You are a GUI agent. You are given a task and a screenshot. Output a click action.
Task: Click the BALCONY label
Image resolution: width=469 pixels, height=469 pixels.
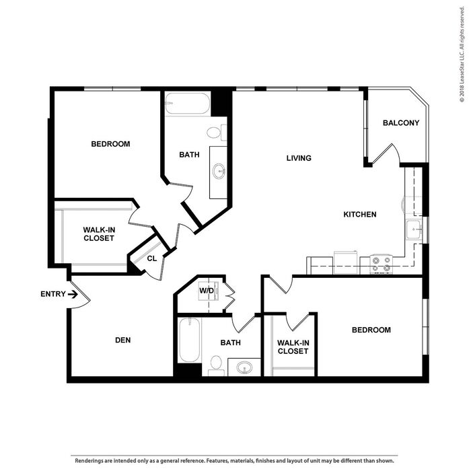pyautogui.click(x=401, y=122)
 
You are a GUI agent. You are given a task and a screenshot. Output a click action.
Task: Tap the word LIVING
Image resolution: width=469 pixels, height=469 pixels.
pyautogui.click(x=299, y=158)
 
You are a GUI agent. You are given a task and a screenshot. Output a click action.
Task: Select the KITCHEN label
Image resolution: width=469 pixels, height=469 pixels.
pyautogui.click(x=360, y=214)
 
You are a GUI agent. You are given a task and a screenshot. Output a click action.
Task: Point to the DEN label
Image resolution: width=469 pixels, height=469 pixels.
pyautogui.click(x=123, y=340)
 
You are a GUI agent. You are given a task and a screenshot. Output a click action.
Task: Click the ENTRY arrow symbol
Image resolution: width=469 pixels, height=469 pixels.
pyautogui.click(x=73, y=294)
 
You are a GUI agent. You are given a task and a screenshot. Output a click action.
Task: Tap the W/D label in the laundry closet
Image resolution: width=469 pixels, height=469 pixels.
pyautogui.click(x=207, y=291)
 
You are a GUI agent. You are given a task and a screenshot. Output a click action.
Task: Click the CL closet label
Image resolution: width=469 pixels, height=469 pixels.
pyautogui.click(x=152, y=258)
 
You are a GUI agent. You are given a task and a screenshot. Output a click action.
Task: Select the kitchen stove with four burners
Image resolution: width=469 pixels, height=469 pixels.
pyautogui.click(x=381, y=264)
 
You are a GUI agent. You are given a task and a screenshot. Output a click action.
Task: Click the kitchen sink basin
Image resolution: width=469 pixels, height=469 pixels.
pyautogui.click(x=414, y=229)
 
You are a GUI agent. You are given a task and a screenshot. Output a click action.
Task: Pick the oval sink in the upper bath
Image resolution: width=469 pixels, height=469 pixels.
pyautogui.click(x=219, y=172)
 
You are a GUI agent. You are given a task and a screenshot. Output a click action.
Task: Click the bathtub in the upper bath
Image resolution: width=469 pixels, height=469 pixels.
pyautogui.click(x=188, y=103)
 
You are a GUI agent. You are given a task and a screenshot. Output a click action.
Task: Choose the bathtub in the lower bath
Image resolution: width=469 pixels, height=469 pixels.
pyautogui.click(x=189, y=340)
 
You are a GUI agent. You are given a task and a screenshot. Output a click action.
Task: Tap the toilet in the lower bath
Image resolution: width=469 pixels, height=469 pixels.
pyautogui.click(x=216, y=365)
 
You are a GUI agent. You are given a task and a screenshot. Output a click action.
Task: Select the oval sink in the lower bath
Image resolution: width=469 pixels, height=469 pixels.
pyautogui.click(x=244, y=367)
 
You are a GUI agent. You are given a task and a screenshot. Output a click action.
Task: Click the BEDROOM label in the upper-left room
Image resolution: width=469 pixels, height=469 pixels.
pyautogui.click(x=110, y=144)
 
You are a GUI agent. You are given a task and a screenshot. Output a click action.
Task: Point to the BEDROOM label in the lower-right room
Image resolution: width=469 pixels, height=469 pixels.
pyautogui.click(x=371, y=330)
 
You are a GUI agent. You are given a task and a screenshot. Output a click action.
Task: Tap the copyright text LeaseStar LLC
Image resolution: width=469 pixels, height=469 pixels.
pyautogui.click(x=462, y=69)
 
